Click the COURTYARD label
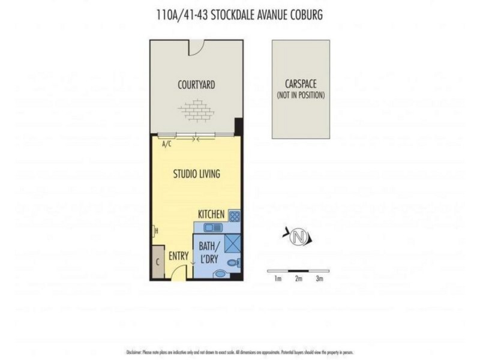click(x=196, y=85)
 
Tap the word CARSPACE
click(x=301, y=85)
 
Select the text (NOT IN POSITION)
click(x=301, y=95)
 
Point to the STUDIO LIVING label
click(x=196, y=174)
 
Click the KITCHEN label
click(x=211, y=214)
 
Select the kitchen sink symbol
click(x=212, y=227)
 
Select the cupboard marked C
click(x=157, y=262)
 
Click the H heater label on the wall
click(x=155, y=230)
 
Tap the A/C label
click(x=167, y=145)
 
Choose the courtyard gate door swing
click(x=197, y=47)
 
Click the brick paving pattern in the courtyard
click(x=196, y=110)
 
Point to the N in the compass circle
click(x=296, y=237)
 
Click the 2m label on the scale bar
click(x=298, y=278)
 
